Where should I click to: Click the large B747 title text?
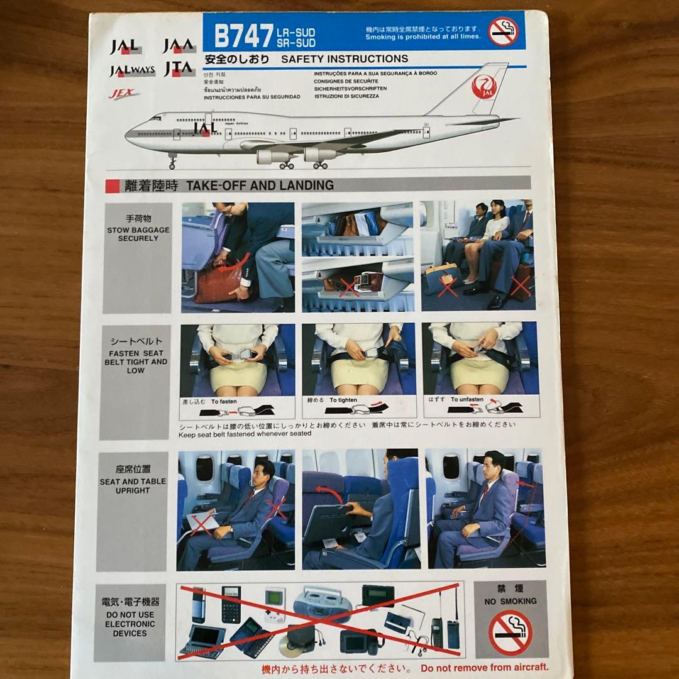(243, 36)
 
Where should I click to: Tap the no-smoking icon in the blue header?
(503, 32)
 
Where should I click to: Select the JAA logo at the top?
(179, 46)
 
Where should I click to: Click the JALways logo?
(132, 70)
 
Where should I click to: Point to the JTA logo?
(179, 69)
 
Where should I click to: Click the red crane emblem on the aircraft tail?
(482, 87)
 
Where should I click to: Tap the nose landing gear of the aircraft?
(172, 162)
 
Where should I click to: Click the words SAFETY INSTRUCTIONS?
(345, 59)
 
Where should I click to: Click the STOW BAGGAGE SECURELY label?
(138, 230)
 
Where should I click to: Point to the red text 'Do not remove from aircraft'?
(476, 668)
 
